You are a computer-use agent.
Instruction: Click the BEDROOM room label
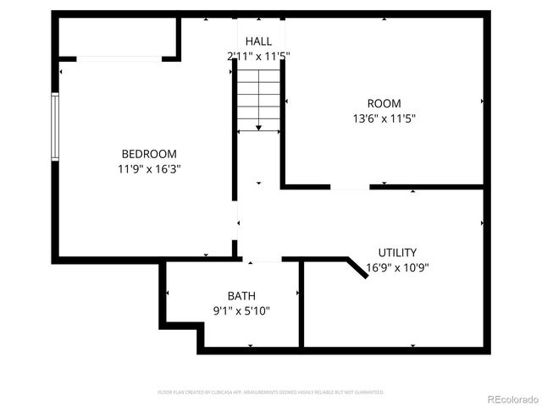coord(149,154)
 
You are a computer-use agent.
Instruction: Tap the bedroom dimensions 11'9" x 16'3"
coord(149,168)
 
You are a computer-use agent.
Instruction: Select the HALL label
coord(258,41)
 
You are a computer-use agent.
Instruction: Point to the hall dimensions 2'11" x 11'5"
coord(258,56)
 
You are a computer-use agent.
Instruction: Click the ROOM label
coord(384,104)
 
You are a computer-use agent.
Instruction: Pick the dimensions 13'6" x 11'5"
coord(384,118)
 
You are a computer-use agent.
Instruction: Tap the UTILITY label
coord(397,253)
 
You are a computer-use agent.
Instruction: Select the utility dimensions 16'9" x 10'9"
coord(397,267)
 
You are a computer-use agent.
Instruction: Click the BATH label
coord(241,296)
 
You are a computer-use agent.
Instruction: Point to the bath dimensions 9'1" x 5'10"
coord(241,310)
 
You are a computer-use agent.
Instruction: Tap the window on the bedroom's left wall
coord(55,127)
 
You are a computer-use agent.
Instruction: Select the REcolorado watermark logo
coord(511,397)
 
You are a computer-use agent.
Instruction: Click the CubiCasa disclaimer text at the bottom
coord(271,392)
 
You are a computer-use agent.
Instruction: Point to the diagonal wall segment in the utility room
coord(357,267)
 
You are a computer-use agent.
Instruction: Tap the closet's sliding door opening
coord(119,58)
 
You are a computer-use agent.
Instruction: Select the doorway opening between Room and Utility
coord(349,186)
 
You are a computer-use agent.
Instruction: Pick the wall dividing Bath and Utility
coord(301,304)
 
